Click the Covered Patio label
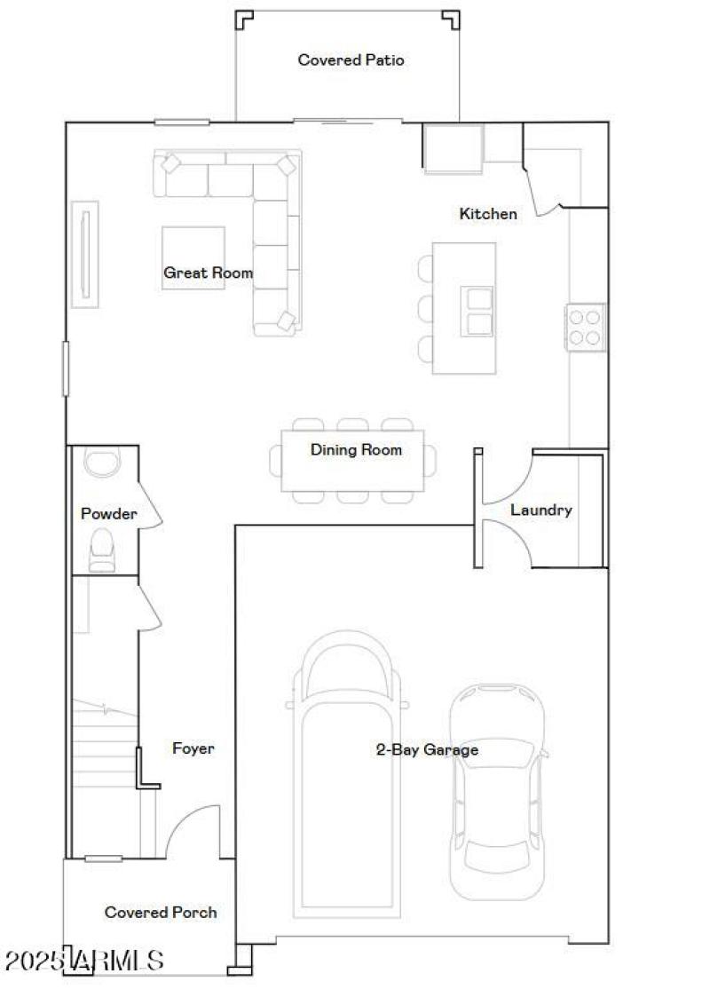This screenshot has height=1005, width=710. (351, 60)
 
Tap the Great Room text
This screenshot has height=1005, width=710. (208, 273)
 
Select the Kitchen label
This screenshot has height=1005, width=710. (487, 214)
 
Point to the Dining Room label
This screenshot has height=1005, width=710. (356, 450)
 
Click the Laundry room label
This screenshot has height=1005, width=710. (540, 510)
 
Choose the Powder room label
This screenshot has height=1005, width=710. (108, 514)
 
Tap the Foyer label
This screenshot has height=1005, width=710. (193, 749)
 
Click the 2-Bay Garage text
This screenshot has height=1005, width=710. (427, 750)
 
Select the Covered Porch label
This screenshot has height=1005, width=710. (161, 913)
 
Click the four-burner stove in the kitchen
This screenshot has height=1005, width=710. (586, 327)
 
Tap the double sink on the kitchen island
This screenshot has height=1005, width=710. (477, 311)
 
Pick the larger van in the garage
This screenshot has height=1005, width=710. (348, 772)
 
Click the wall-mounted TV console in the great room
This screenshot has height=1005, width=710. (85, 254)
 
